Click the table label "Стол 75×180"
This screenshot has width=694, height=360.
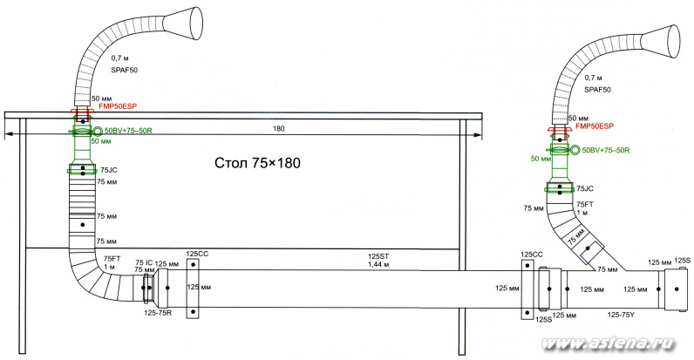pyautogui.click(x=257, y=163)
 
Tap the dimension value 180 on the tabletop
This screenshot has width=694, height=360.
pyautogui.click(x=279, y=129)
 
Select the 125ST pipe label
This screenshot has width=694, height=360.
pyautogui.click(x=378, y=256)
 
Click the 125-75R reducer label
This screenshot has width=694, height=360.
pyautogui.click(x=158, y=312)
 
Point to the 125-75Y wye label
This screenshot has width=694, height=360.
pyautogui.click(x=621, y=315)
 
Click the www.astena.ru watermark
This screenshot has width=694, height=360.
pyautogui.click(x=609, y=343)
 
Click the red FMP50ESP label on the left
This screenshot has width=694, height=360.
pyautogui.click(x=118, y=106)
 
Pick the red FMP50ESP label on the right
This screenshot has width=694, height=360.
pyautogui.click(x=595, y=126)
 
